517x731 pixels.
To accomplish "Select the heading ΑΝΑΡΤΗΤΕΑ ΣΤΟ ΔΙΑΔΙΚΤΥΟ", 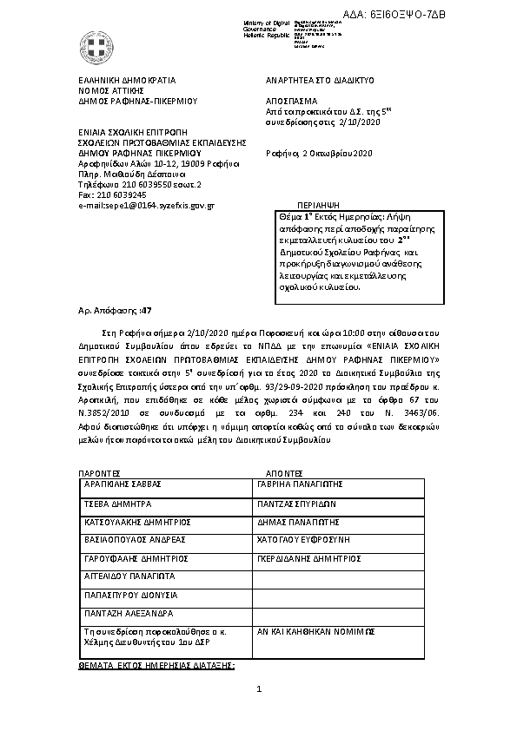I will pyautogui.click(x=319, y=79).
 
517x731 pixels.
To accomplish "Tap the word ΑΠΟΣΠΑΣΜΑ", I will pyautogui.click(x=290, y=101).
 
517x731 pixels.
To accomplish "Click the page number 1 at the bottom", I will pyautogui.click(x=259, y=714).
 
